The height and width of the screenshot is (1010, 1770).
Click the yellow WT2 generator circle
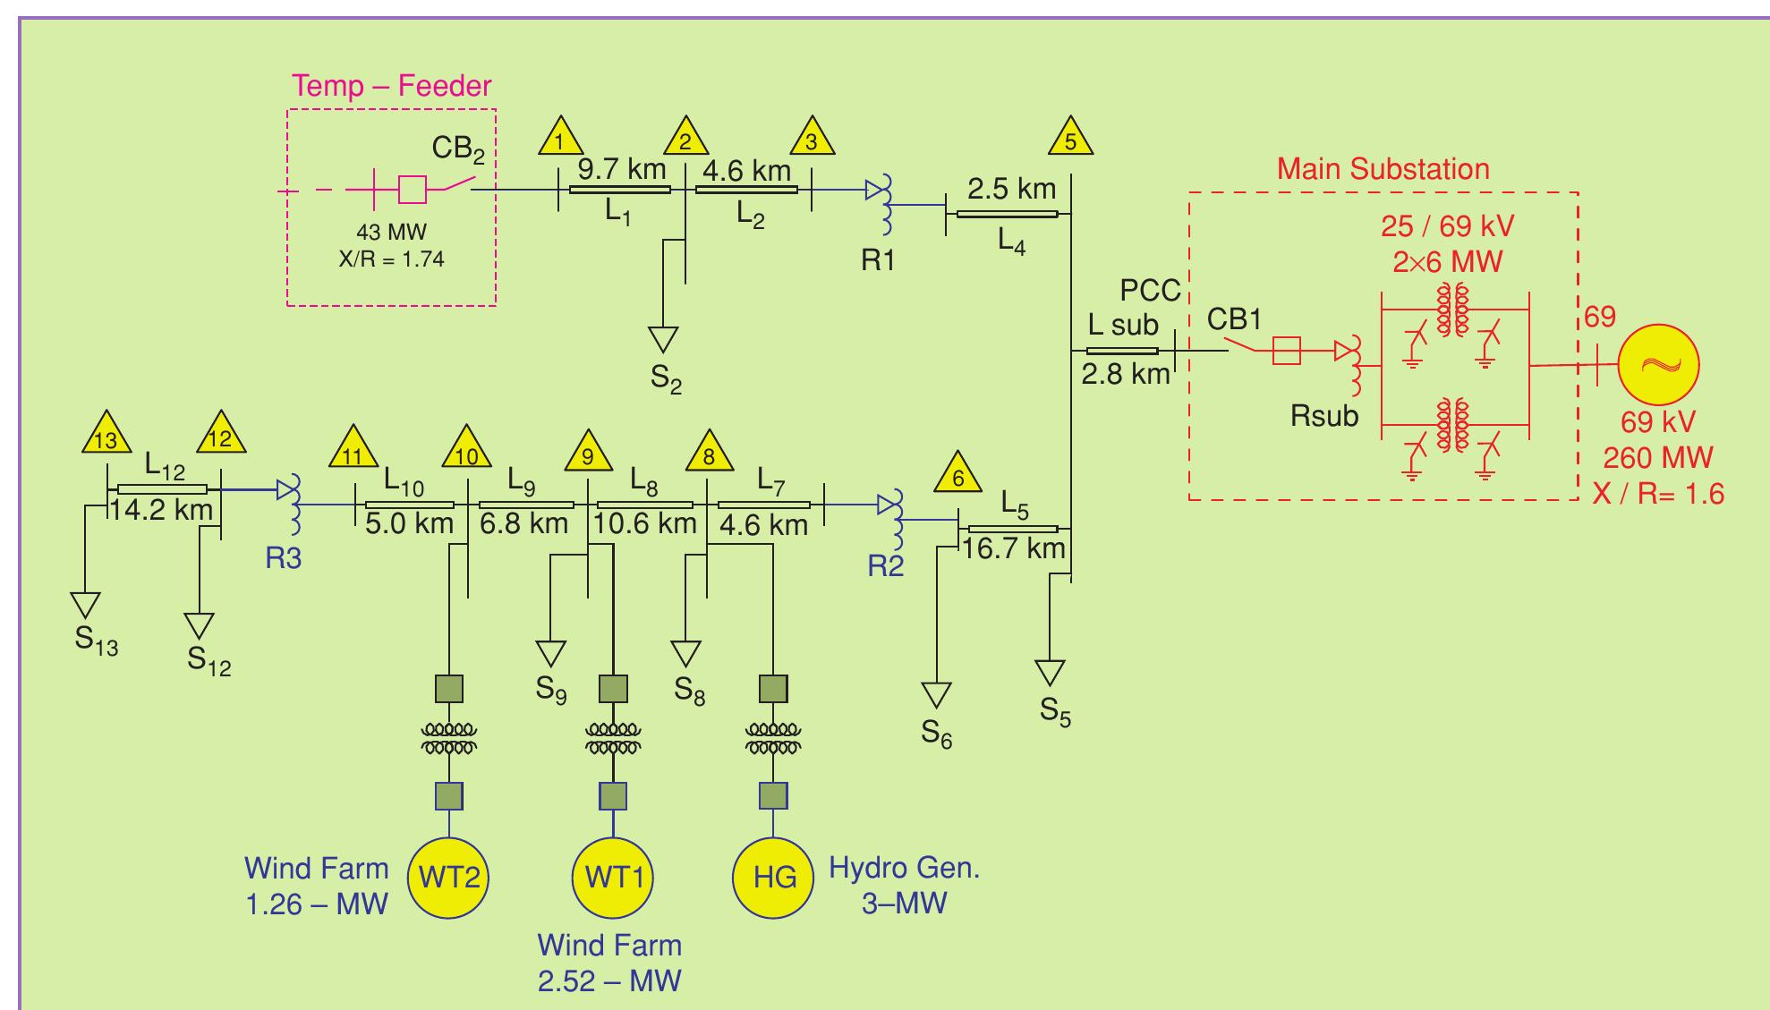[x=449, y=877]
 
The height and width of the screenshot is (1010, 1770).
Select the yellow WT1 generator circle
[x=613, y=877]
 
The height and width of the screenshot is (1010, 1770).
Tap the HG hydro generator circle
[x=774, y=877]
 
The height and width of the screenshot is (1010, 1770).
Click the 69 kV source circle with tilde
[x=1658, y=365]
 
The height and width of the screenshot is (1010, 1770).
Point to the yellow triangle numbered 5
[x=1071, y=139]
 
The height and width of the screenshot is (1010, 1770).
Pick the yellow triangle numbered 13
[x=106, y=436]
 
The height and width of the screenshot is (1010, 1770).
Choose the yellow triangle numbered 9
[x=588, y=454]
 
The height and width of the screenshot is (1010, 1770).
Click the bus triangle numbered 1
[x=561, y=139]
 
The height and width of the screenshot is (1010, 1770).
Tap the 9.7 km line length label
[x=621, y=168]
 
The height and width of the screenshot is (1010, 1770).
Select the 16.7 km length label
[x=1014, y=547]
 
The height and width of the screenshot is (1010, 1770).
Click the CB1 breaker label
[x=1234, y=319]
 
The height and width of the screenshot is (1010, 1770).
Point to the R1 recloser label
[x=878, y=260]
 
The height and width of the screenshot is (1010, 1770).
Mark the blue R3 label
[x=283, y=558]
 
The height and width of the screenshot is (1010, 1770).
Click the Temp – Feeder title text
[x=392, y=86]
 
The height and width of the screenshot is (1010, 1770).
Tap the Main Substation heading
[x=1383, y=168]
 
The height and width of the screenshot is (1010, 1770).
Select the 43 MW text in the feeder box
[x=391, y=232]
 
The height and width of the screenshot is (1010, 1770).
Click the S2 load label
[x=666, y=379]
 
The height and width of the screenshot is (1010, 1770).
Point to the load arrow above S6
[x=936, y=694]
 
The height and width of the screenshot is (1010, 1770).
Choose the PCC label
[x=1150, y=291]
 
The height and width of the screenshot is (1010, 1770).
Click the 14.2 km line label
[x=161, y=510]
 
